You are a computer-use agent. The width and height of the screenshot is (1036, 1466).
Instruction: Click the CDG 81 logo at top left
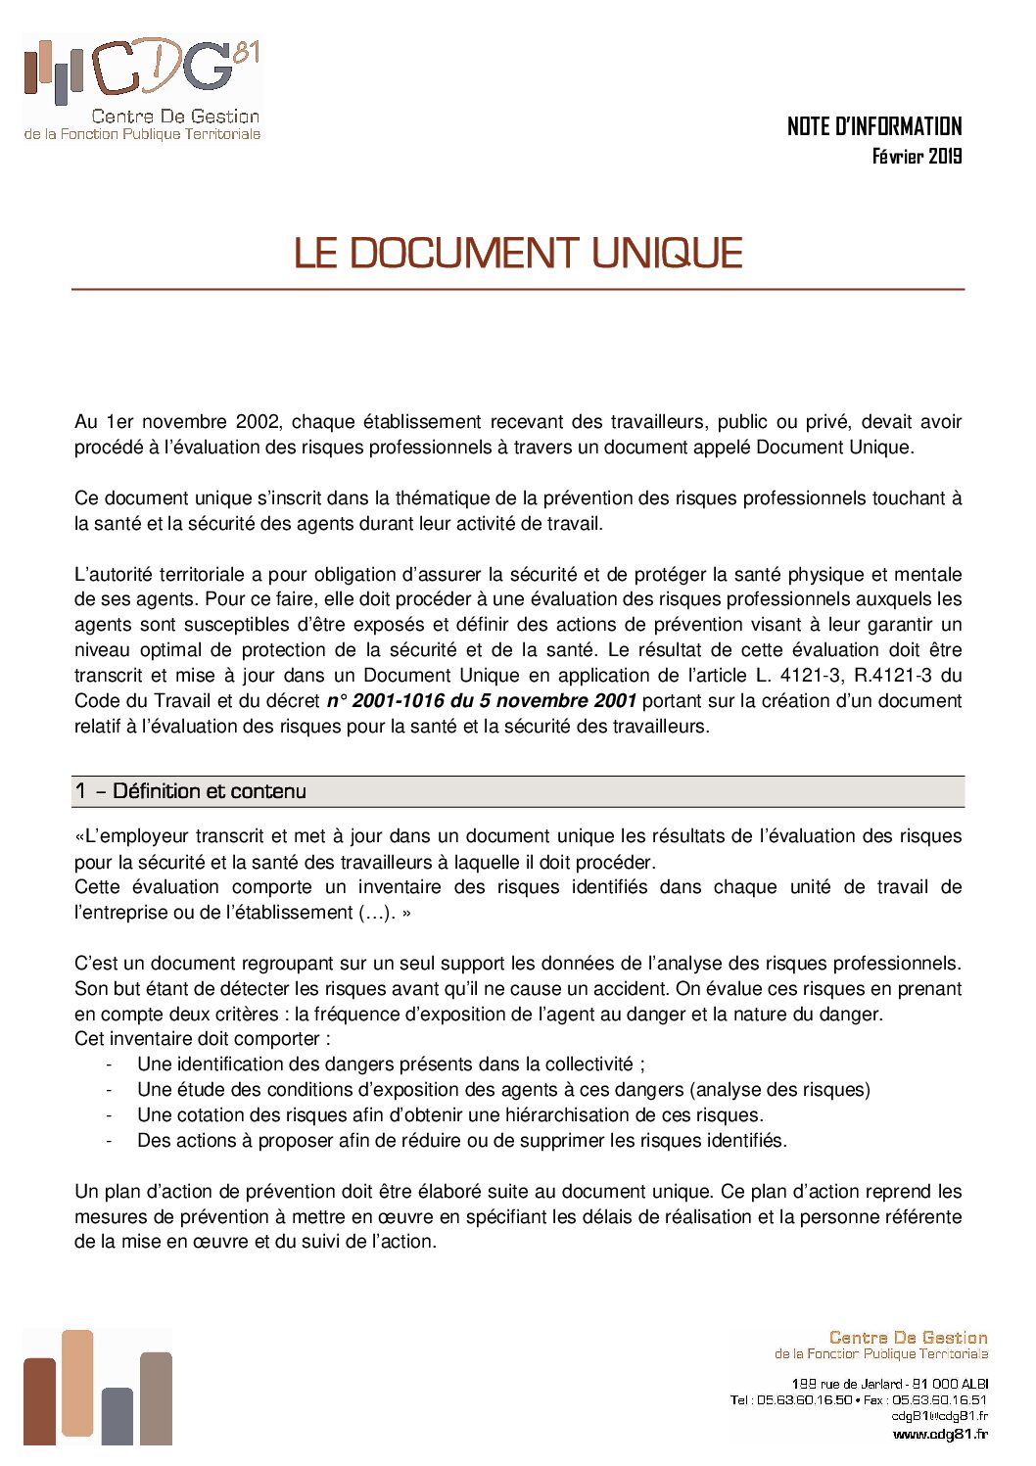pos(142,88)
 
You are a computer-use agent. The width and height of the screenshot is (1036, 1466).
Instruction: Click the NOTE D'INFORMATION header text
pos(873,126)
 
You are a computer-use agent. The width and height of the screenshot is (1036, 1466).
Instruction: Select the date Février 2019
pos(917,156)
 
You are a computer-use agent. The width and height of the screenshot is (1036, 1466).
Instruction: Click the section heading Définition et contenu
pos(209,791)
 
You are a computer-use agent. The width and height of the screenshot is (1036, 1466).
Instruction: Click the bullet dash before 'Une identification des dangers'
pos(110,1064)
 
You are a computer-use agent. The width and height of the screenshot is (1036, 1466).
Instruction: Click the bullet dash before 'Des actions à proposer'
pos(110,1141)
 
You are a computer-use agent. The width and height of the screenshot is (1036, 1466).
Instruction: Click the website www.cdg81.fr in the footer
pos(939,1435)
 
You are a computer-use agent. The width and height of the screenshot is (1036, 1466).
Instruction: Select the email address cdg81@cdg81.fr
pos(939,1416)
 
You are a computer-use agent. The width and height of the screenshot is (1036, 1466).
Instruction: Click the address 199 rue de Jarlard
pos(846,1384)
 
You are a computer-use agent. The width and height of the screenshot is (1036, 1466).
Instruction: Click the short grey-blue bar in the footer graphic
pos(117,1416)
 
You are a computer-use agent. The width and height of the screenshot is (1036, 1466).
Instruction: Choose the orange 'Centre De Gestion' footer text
pos(908,1338)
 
